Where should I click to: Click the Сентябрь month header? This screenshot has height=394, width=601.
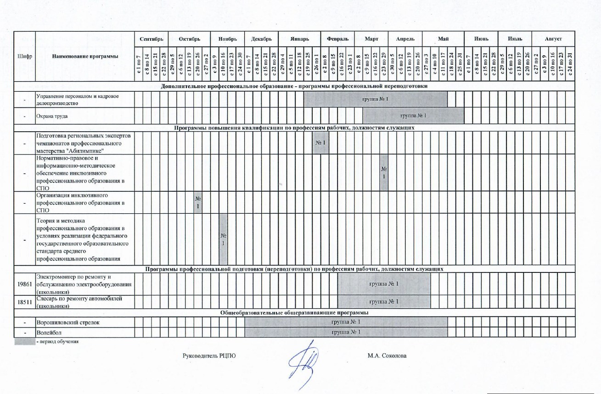(152, 39)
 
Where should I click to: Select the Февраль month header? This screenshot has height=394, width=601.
(337, 39)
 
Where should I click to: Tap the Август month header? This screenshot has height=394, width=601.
(553, 39)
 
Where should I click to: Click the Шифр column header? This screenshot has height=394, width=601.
(24, 56)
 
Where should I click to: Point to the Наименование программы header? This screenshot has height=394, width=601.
(85, 56)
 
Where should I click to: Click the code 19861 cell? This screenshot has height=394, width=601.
(24, 284)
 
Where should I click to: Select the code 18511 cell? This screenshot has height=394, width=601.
(24, 302)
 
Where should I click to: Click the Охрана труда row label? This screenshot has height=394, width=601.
(52, 116)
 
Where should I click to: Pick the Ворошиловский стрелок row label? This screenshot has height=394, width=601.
(68, 322)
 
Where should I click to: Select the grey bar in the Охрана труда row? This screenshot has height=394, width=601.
(413, 116)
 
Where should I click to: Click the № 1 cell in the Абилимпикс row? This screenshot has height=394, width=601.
(320, 143)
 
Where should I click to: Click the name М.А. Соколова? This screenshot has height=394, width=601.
(387, 355)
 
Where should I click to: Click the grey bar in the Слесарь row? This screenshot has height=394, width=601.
(384, 302)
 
